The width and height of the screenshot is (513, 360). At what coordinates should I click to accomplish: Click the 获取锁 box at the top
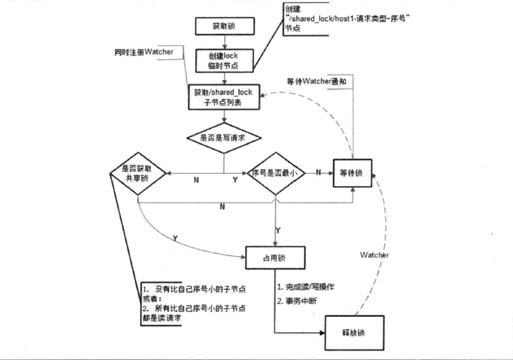[x=225, y=27]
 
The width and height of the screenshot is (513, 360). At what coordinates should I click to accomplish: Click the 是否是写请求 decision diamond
[x=224, y=138]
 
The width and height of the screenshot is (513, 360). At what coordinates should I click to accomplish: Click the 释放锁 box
[x=353, y=332]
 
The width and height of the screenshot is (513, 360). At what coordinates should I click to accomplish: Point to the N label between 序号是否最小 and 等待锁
[x=318, y=172]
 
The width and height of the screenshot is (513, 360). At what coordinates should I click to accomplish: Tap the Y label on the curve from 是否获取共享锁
[x=176, y=238]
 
